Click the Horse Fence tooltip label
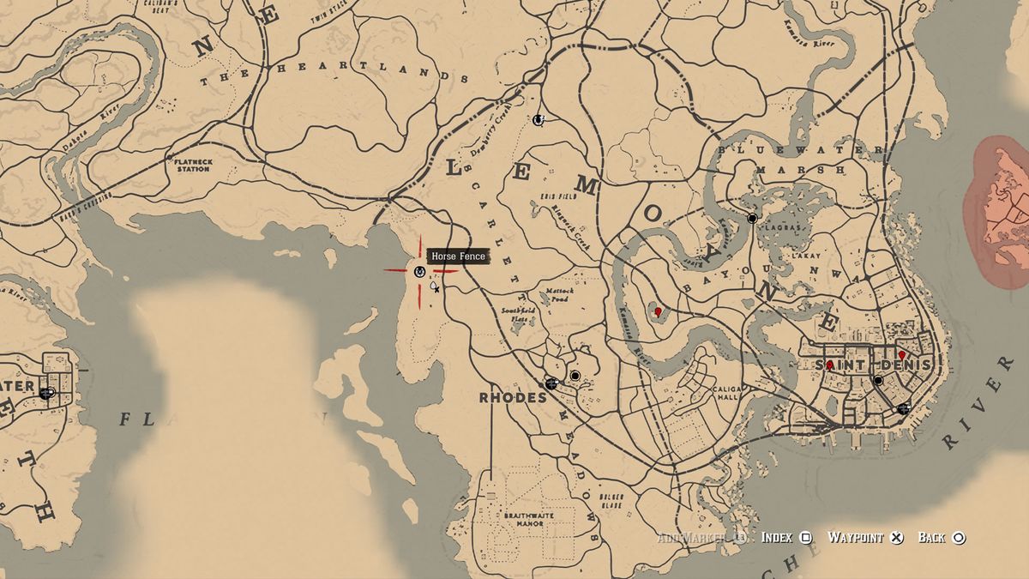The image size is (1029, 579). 458,256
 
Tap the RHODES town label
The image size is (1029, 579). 514,398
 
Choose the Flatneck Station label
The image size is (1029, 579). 192,164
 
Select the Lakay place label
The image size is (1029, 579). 807,256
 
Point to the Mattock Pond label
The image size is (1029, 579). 559,295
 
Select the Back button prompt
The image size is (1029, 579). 942,538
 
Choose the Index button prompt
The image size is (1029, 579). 786,538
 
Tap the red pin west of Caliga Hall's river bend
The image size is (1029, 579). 658,312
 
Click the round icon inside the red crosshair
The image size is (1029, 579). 419,271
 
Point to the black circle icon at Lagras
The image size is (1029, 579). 752,219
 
